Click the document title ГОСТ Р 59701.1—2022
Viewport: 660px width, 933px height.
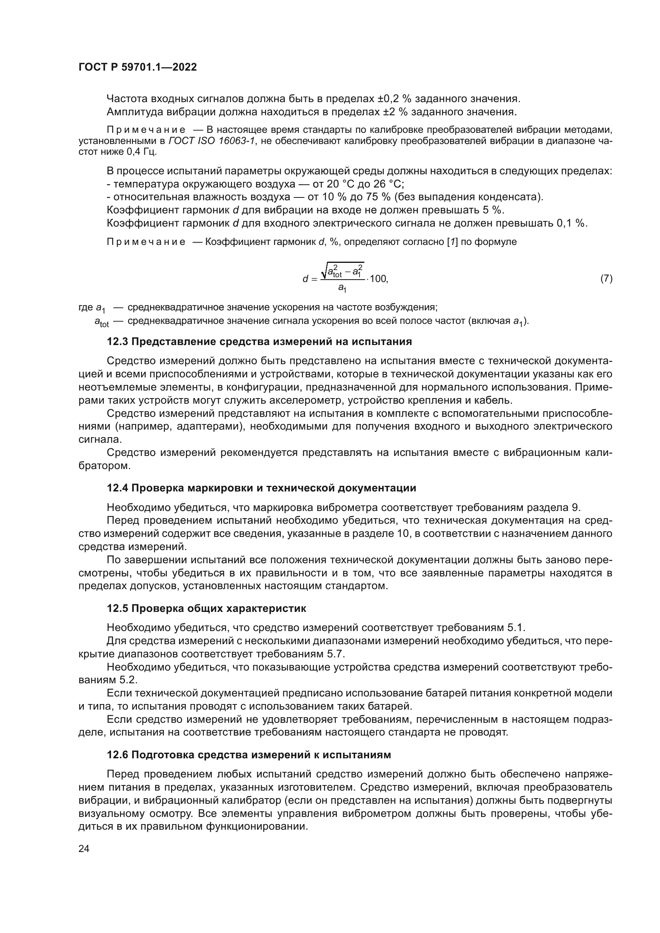click(137, 67)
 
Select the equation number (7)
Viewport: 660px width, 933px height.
click(607, 279)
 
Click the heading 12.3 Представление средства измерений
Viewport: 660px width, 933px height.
click(259, 342)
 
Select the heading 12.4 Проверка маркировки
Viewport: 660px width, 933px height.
click(261, 488)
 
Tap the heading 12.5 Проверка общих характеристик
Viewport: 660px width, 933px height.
click(206, 609)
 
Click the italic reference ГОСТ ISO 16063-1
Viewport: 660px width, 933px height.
click(213, 141)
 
